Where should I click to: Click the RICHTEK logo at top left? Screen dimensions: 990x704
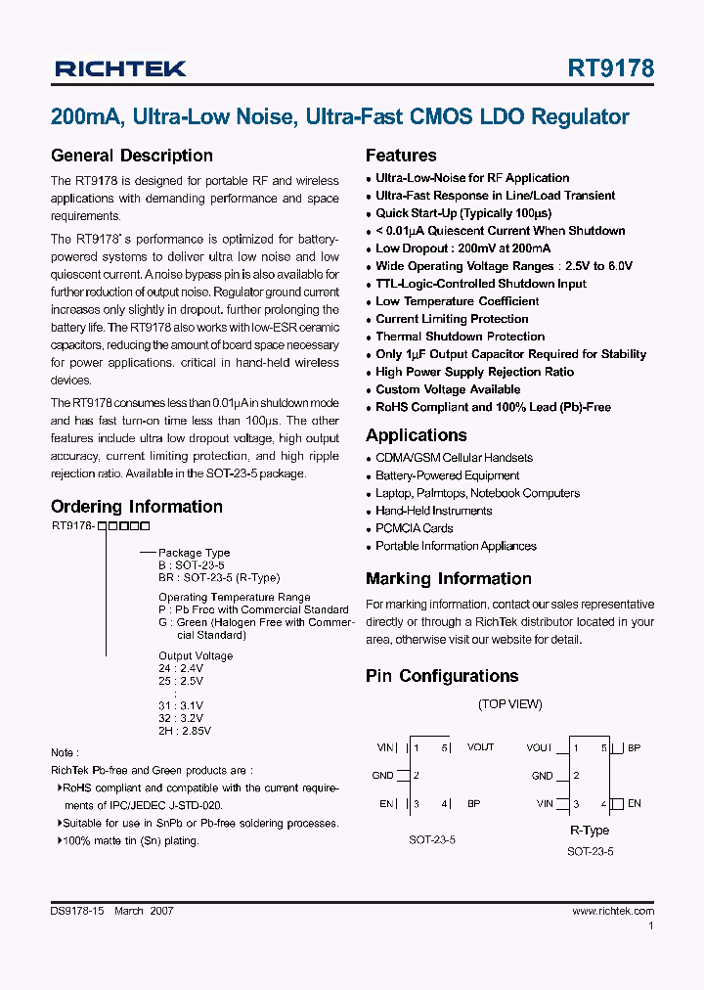119,68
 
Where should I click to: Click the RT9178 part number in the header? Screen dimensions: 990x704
611,68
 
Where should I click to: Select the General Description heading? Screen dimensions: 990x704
131,156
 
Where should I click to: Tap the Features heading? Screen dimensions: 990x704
401,156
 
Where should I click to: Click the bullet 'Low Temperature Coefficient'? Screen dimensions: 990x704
457,301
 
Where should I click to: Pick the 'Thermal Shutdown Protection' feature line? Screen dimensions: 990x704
460,337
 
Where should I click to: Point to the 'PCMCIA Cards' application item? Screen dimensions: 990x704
414,528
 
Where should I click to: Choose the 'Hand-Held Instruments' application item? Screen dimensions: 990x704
433,511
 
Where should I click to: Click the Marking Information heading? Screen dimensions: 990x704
448,579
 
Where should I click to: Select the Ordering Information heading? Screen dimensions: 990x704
136,507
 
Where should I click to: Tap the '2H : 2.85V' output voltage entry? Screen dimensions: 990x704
185,730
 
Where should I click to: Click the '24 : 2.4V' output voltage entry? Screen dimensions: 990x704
181,669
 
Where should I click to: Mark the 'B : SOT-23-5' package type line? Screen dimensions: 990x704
192,565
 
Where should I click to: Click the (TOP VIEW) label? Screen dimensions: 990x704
509,704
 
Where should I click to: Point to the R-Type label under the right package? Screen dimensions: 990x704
590,831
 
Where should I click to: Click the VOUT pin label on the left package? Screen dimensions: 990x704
480,747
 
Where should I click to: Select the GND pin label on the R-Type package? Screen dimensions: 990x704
542,776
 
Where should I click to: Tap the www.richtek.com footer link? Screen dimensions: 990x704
613,911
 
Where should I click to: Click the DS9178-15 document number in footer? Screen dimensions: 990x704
78,911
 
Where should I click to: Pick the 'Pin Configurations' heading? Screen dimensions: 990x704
442,676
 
